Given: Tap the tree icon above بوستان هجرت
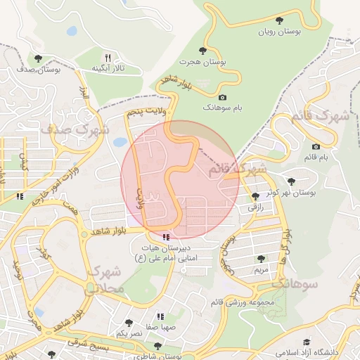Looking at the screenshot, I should pyautogui.click(x=203, y=51).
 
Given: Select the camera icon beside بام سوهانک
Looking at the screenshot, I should pyautogui.click(x=223, y=97).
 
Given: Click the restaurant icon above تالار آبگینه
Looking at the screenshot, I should pyautogui.click(x=108, y=57).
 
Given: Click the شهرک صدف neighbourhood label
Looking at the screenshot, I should pyautogui.click(x=75, y=130).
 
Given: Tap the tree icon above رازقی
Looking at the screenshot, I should pyautogui.click(x=254, y=196).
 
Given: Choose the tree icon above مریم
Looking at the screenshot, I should pyautogui.click(x=261, y=259).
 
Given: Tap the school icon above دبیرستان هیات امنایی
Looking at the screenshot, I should pyautogui.click(x=166, y=237).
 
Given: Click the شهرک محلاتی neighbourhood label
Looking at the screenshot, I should pyautogui.click(x=105, y=280).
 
